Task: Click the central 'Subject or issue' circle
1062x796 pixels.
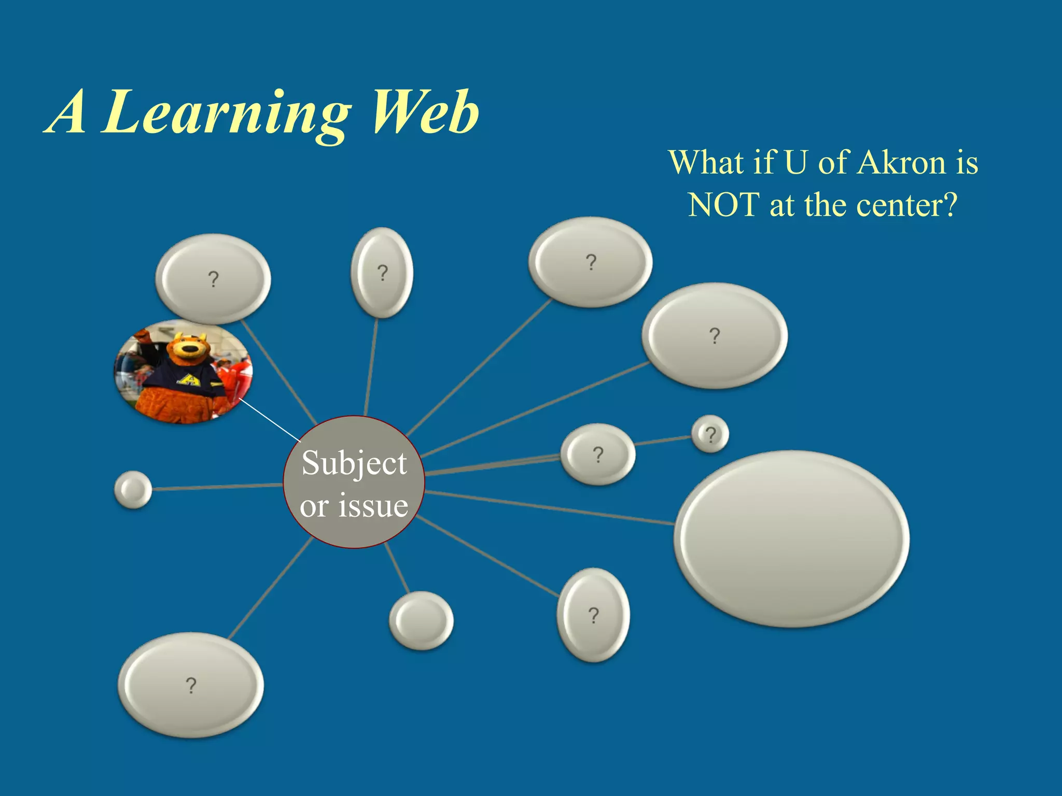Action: [x=354, y=482]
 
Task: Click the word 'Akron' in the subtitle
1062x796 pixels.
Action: [x=901, y=163]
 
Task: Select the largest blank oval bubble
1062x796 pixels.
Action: [x=791, y=538]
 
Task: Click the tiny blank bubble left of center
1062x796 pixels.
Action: [x=133, y=490]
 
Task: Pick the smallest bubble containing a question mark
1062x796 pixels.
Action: [x=710, y=434]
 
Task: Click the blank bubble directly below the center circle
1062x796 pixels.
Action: [x=421, y=620]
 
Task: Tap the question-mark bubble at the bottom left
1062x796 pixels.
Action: [x=191, y=685]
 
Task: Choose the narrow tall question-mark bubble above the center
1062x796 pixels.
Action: [x=382, y=273]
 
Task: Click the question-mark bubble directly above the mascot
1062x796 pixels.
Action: [x=213, y=279]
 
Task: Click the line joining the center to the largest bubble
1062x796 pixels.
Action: [x=550, y=508]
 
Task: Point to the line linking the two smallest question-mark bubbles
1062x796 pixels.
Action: [x=663, y=441]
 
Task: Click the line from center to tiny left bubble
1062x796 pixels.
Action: [x=218, y=487]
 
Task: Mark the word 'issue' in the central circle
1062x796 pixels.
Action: [x=373, y=506]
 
